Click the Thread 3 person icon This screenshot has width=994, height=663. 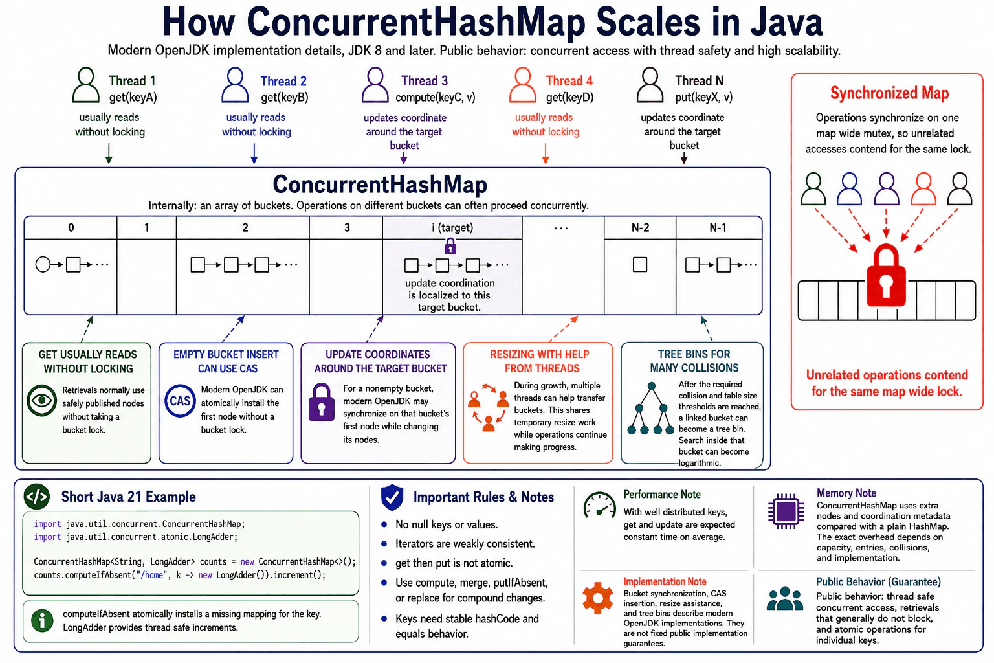[375, 85]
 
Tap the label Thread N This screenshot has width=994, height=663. [700, 81]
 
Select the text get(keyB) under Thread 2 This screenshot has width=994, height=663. [285, 97]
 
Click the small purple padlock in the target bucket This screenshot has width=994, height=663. [450, 246]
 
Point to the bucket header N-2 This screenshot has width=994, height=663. [640, 228]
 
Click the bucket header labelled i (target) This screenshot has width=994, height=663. [452, 228]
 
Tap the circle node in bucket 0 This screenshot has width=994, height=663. [43, 265]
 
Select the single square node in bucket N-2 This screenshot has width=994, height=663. [640, 265]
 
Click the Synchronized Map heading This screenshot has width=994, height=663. [889, 93]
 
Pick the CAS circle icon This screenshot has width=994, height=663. [180, 401]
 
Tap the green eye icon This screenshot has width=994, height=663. [41, 401]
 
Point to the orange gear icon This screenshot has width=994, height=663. [598, 598]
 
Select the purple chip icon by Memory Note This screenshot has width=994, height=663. [786, 511]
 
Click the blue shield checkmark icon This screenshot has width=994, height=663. [392, 497]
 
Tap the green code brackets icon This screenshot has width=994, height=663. [37, 497]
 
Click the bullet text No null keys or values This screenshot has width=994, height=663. [447, 524]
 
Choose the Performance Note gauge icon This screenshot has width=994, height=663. [599, 506]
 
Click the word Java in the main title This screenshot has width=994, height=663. [787, 21]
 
